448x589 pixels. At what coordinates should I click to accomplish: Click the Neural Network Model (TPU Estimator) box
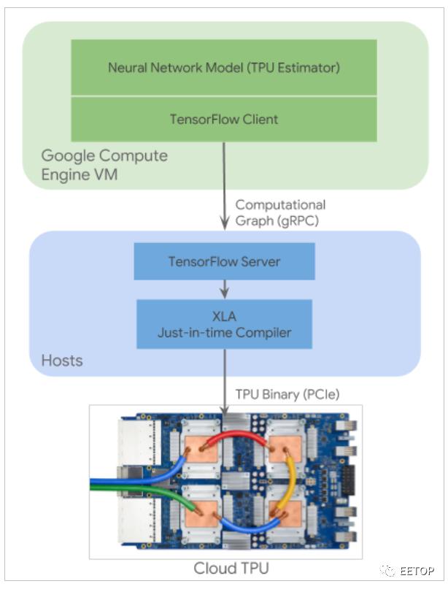click(x=223, y=67)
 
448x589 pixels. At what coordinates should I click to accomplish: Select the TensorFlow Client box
click(x=223, y=119)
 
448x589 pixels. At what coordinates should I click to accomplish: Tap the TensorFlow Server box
click(x=224, y=261)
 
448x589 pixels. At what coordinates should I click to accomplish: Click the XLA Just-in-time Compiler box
click(x=224, y=324)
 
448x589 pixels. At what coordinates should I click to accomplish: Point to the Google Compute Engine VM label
click(x=104, y=165)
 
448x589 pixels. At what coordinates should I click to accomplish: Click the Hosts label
click(x=62, y=361)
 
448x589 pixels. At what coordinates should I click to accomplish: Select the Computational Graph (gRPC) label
click(x=280, y=213)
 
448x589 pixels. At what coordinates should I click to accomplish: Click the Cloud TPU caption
click(x=226, y=569)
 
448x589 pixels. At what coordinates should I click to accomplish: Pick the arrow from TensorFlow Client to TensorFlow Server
click(x=224, y=186)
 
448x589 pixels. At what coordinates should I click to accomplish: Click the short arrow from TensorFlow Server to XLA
click(x=224, y=288)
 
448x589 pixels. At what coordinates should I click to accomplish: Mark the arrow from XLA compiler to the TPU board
click(x=224, y=376)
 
